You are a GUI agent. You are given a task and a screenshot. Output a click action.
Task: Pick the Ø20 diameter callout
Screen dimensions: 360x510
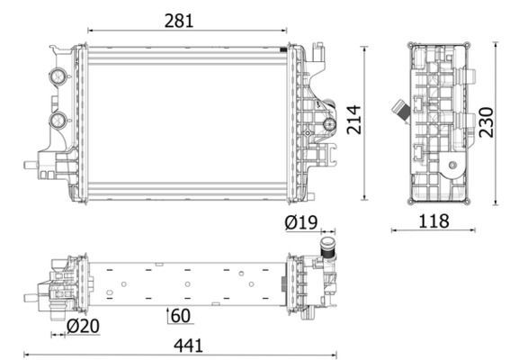click(84, 325)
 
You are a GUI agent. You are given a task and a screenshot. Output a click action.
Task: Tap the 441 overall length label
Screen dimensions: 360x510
click(183, 344)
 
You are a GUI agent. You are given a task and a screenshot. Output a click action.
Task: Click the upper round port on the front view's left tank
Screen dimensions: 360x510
click(59, 76)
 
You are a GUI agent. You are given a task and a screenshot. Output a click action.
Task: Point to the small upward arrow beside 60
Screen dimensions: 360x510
click(168, 314)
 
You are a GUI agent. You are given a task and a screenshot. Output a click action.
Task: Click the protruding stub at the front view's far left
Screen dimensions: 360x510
click(31, 166)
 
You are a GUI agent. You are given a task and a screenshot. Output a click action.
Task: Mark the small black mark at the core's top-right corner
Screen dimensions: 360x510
click(285, 48)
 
